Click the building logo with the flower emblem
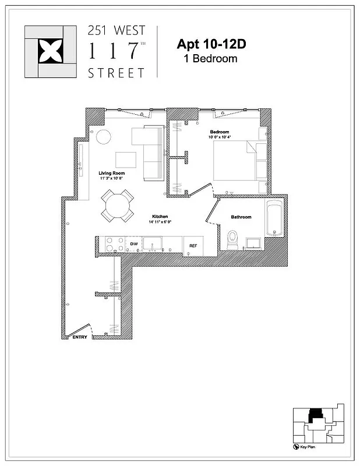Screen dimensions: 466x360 pos(50,51)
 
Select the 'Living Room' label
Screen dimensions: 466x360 pos(111,174)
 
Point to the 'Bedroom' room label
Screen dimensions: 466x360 pos(220,132)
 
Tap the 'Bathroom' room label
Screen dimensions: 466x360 pos(241,217)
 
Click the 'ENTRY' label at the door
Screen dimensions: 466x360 pos(79,337)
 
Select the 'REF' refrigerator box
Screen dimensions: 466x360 pos(193,246)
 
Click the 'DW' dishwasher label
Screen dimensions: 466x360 pos(133,244)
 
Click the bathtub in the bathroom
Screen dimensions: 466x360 pos(274,218)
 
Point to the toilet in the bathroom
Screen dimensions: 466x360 pos(232,239)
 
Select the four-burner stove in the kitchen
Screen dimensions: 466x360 pos(112,244)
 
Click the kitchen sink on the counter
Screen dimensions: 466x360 pos(153,244)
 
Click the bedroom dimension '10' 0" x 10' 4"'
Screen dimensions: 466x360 pos(221,137)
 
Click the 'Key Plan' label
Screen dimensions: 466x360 pos(308,447)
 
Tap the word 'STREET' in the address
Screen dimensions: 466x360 pos(116,73)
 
